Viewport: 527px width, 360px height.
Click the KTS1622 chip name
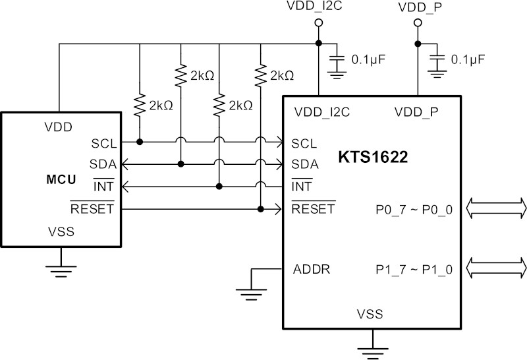pos(373,157)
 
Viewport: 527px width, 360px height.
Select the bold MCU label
pos(61,179)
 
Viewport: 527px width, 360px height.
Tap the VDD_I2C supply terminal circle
pos(319,22)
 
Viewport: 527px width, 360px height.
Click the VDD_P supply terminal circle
pos(418,22)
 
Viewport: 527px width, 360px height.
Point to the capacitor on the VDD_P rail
pos(437,59)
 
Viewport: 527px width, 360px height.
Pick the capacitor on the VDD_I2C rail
pos(337,59)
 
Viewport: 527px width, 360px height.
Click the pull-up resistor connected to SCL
pos(140,105)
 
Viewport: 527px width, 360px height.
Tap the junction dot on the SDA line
pos(180,164)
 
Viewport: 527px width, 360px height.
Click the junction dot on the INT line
pos(219,187)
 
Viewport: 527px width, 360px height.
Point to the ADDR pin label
pos(312,269)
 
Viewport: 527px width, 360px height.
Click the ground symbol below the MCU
pos(61,272)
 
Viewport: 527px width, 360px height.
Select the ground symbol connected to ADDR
pos(252,294)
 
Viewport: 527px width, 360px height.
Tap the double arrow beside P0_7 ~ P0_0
pos(497,208)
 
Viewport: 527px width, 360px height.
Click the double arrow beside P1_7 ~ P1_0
pos(497,268)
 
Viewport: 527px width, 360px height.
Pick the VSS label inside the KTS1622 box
pos(370,314)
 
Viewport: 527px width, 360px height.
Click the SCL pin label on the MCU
pos(104,144)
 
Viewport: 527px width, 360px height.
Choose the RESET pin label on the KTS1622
pos(314,208)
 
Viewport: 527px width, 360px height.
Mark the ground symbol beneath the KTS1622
pos(373,353)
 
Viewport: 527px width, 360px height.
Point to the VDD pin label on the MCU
pos(58,127)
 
